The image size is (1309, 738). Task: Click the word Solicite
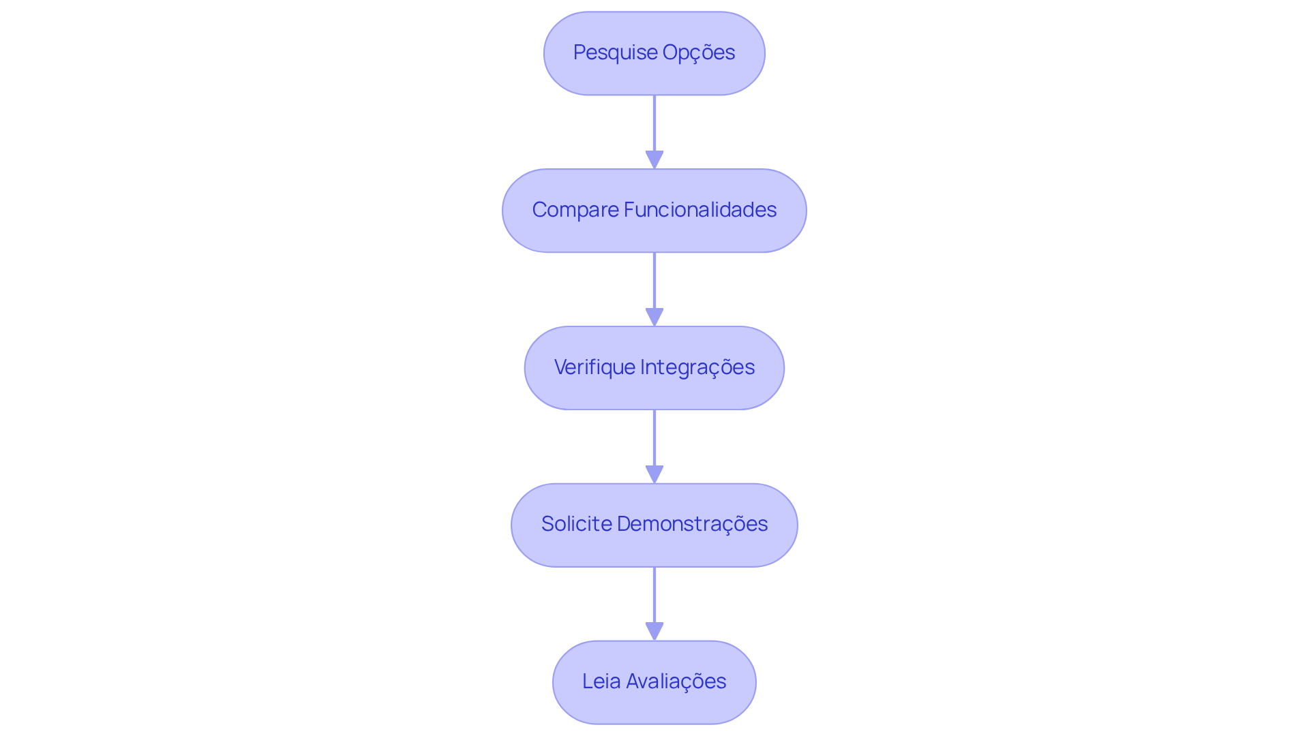pyautogui.click(x=576, y=524)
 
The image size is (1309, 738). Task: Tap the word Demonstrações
pyautogui.click(x=692, y=524)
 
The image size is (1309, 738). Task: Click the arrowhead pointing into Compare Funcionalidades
pyautogui.click(x=654, y=159)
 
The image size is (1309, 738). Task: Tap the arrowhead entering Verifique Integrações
pyautogui.click(x=654, y=317)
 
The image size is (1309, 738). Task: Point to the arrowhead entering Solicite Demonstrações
pyautogui.click(x=654, y=474)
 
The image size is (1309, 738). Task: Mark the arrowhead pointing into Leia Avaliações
pyautogui.click(x=654, y=631)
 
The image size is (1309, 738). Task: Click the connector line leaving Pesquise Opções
pyautogui.click(x=654, y=123)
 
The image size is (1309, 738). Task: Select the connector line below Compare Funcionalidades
pyautogui.click(x=654, y=279)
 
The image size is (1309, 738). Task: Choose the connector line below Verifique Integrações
pyautogui.click(x=654, y=437)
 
